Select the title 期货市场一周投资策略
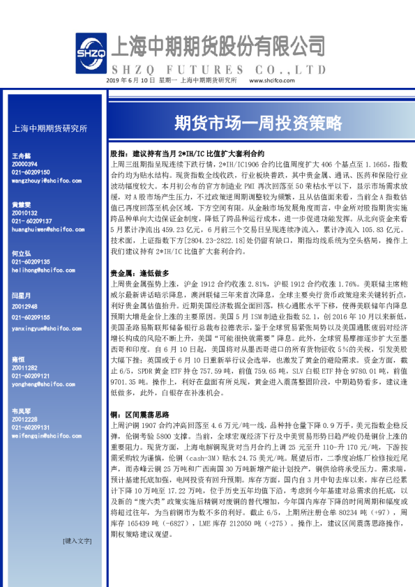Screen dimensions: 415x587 [x=257, y=123]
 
